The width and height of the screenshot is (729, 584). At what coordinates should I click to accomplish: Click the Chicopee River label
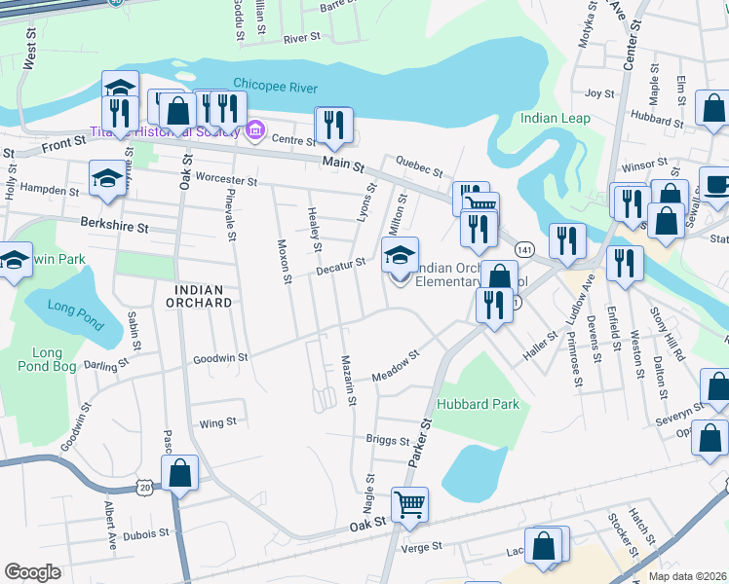click(275, 88)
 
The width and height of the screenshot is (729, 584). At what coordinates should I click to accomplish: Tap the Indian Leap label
click(555, 118)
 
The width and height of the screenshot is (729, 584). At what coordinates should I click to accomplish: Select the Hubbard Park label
click(478, 404)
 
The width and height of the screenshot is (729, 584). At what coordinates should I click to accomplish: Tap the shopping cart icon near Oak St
click(409, 503)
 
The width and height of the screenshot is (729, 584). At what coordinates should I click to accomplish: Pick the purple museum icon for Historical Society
click(255, 129)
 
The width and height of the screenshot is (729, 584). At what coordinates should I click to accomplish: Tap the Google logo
click(32, 571)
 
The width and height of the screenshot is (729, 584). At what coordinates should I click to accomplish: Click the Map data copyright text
click(687, 576)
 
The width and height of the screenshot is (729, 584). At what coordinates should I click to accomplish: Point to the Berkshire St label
click(114, 227)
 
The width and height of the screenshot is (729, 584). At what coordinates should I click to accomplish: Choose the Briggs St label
click(388, 440)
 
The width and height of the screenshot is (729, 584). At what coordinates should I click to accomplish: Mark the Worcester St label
click(225, 181)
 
